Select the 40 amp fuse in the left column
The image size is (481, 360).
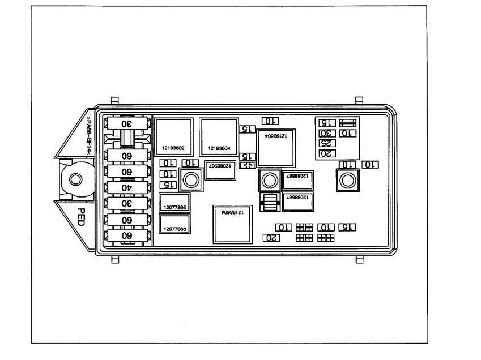[x=127, y=187]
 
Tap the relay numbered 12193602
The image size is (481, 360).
[x=173, y=136]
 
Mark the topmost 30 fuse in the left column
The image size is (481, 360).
[x=127, y=124]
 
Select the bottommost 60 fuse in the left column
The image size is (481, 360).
[x=127, y=234]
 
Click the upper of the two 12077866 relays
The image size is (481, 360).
[x=174, y=202]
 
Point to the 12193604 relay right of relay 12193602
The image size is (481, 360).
[x=218, y=136]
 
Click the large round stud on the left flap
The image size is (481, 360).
[x=75, y=181]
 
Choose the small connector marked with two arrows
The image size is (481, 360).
[x=247, y=165]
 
